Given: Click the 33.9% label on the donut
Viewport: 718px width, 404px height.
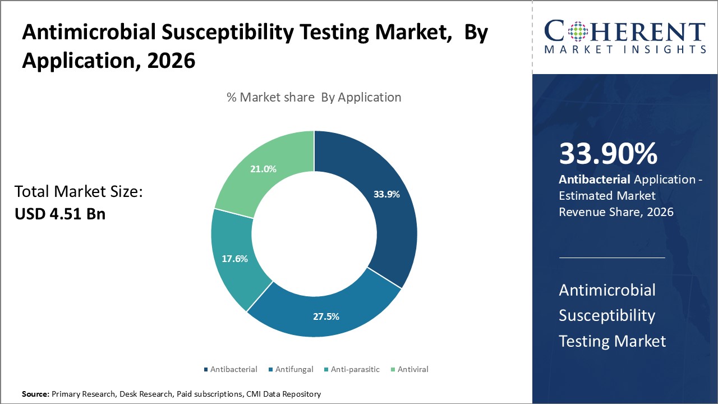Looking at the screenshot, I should pos(386,195).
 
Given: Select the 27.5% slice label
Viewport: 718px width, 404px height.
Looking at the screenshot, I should pos(326,316).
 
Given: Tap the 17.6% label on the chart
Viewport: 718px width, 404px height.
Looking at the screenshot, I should pos(234,259).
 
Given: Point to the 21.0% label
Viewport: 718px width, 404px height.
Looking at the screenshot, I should pos(263,169).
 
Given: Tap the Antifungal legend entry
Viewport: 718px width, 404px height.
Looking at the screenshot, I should pos(293,369).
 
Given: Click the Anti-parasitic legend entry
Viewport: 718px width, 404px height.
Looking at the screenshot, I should pos(352,369).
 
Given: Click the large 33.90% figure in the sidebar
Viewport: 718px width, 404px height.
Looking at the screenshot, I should pos(608,154).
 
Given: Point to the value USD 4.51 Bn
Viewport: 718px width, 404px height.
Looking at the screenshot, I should pos(60,214).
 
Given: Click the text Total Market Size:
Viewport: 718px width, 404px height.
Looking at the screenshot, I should pos(79,192).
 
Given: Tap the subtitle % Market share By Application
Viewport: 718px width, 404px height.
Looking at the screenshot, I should pos(314,97).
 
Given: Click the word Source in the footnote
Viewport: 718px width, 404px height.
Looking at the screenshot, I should pos(35,394).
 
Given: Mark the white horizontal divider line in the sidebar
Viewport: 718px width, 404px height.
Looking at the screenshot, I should pos(612,258).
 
